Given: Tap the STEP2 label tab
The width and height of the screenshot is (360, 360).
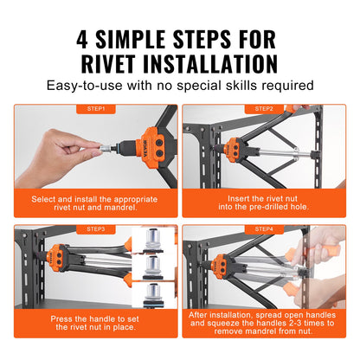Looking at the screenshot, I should (x=265, y=109).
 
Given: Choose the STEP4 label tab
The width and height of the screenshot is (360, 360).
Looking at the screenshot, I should (x=265, y=228).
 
